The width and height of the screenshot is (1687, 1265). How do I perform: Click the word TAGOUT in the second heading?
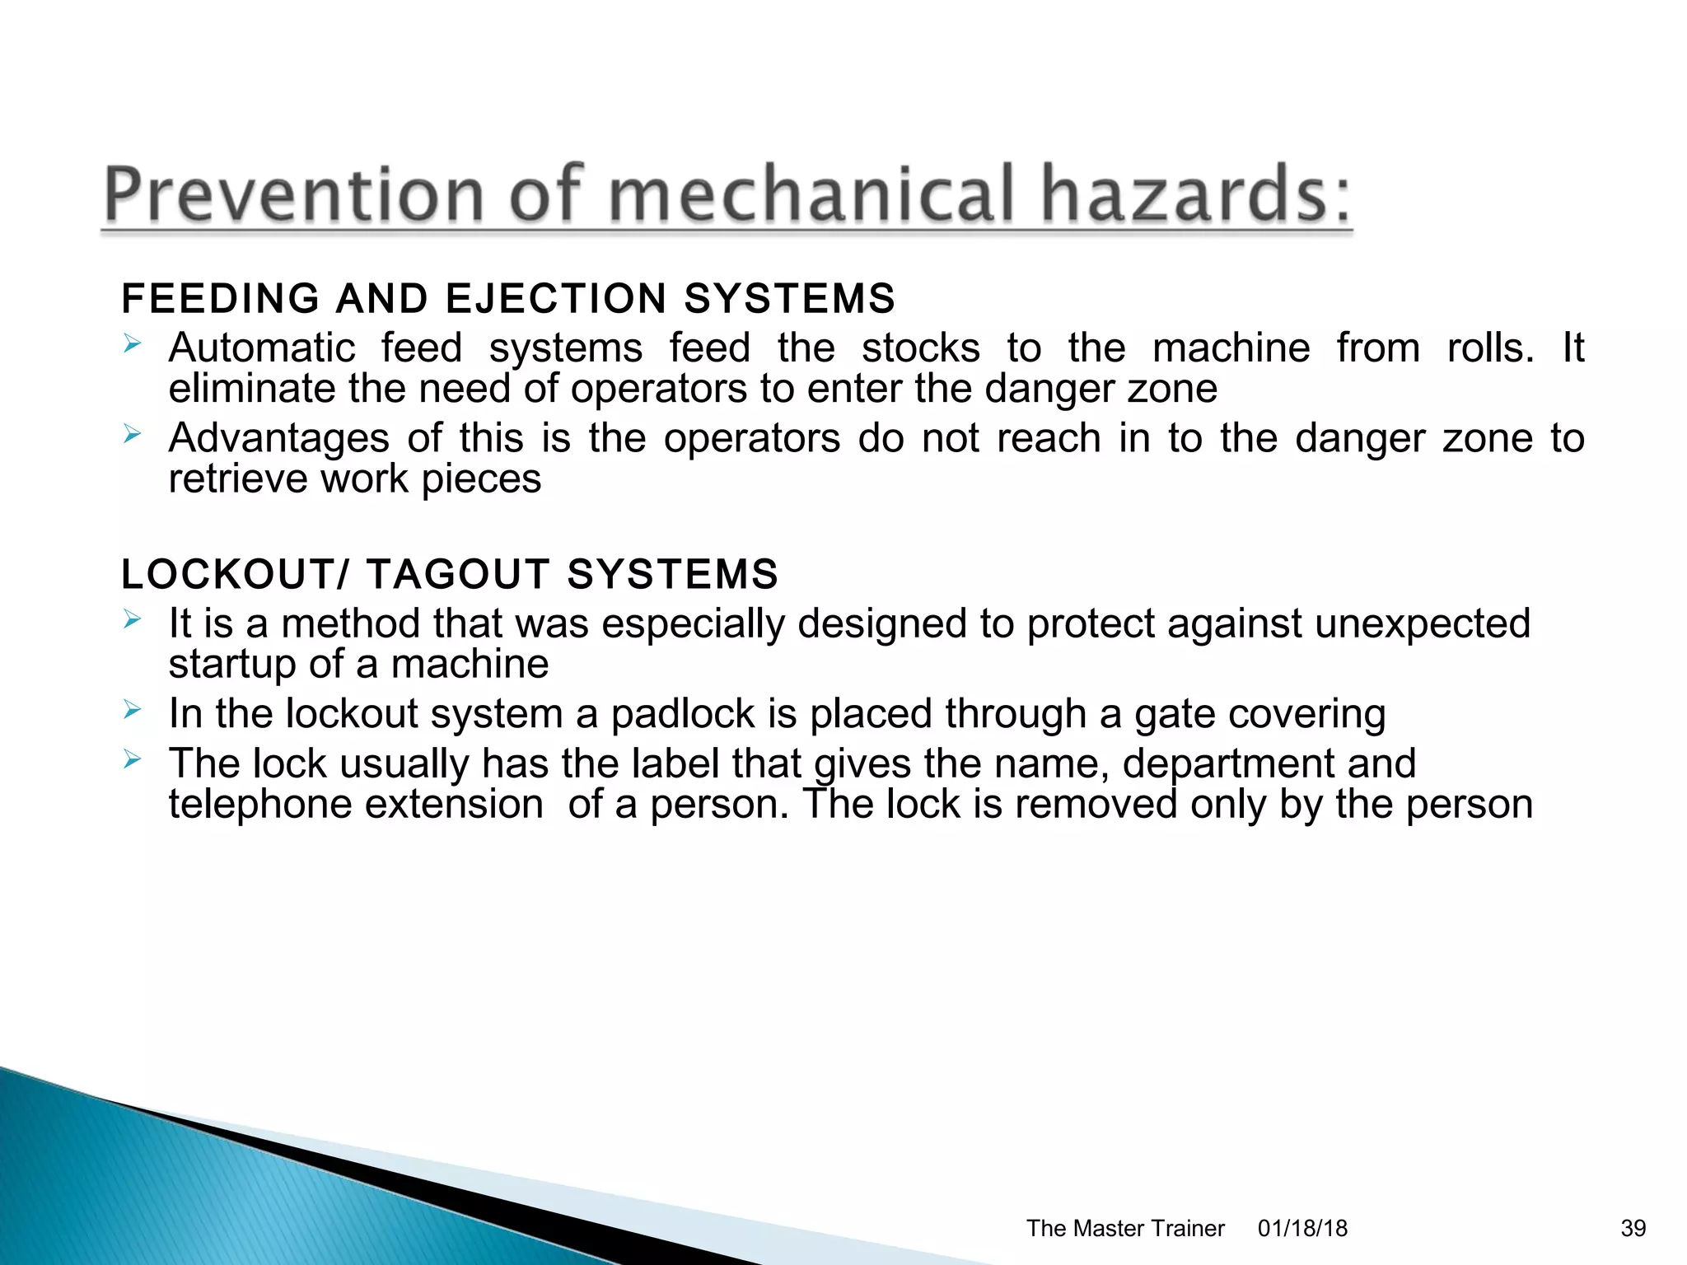[458, 574]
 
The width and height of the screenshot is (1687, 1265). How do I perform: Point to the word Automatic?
[262, 348]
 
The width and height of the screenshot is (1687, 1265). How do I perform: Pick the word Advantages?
[278, 437]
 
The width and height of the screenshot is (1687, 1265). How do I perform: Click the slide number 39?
[1633, 1228]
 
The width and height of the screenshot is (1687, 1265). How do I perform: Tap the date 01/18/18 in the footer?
[1302, 1228]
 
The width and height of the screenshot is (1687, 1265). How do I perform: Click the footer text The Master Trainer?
[1125, 1228]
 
